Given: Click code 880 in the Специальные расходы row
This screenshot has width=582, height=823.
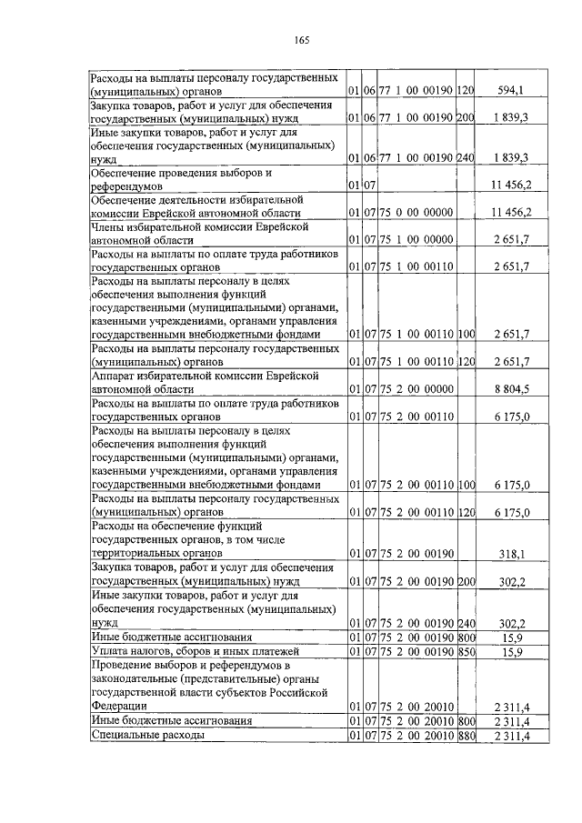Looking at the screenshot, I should pyautogui.click(x=467, y=734).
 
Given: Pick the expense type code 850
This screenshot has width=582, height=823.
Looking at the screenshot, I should pyautogui.click(x=467, y=651).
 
